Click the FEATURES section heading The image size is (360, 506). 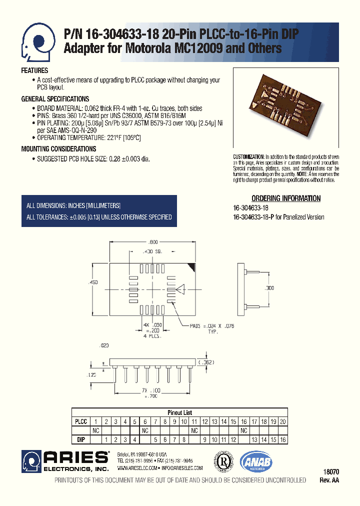point(34,70)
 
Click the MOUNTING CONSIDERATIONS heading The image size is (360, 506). point(58,149)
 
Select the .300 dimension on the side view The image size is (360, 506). point(269,289)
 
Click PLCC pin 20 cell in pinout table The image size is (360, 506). point(283,421)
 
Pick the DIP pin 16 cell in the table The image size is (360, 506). point(283,439)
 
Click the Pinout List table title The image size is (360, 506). point(179,413)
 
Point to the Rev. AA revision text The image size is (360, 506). point(329,480)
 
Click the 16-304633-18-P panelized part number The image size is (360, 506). point(253,217)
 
